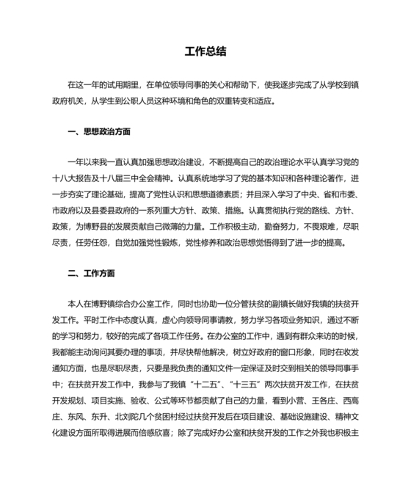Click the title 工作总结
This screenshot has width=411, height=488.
click(205, 51)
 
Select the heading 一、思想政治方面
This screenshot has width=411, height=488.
click(98, 132)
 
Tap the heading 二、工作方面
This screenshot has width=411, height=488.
click(91, 274)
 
